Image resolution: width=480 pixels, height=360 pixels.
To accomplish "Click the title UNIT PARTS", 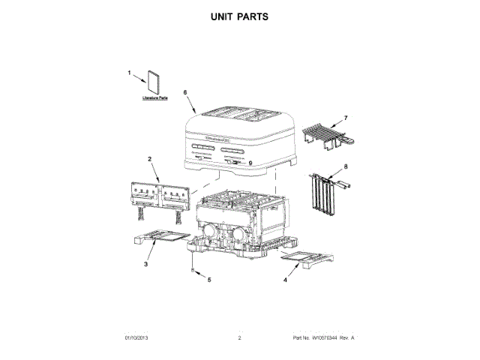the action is (x=240, y=16).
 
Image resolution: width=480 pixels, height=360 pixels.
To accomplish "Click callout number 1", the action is (x=129, y=73).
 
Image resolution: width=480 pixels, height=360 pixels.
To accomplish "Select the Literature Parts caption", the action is (x=154, y=98).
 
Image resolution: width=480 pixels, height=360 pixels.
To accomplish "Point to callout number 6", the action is (x=185, y=92).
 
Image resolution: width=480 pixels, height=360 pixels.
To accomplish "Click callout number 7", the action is (x=346, y=118).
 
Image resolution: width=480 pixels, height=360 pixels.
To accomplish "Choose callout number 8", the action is (x=346, y=166).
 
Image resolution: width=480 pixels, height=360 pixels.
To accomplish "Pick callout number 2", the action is (x=149, y=159).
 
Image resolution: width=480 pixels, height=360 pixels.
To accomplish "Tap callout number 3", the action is (x=145, y=264).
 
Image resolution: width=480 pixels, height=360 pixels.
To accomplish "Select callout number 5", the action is (x=209, y=280).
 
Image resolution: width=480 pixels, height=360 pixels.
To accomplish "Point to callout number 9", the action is (x=250, y=161).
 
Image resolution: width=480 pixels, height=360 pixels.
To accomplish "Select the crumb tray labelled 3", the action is (x=159, y=238).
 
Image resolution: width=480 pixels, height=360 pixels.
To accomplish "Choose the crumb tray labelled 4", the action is (x=304, y=259).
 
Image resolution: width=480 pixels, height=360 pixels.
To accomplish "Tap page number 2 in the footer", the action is (x=239, y=339).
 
